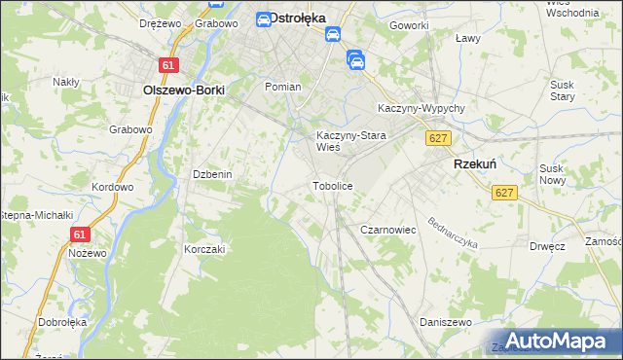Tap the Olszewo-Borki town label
pyautogui.click(x=184, y=90)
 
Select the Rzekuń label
pyautogui.click(x=476, y=165)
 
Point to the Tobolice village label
pyautogui.click(x=331, y=185)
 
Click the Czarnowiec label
pyautogui.click(x=388, y=230)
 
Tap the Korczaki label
pyautogui.click(x=204, y=249)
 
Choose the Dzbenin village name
pyautogui.click(x=211, y=174)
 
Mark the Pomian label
pyautogui.click(x=283, y=87)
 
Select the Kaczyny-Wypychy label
pyautogui.click(x=421, y=107)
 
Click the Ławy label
pyautogui.click(x=468, y=39)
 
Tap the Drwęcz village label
pyautogui.click(x=548, y=246)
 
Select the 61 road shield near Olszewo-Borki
pyautogui.click(x=170, y=65)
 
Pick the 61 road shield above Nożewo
pyautogui.click(x=80, y=234)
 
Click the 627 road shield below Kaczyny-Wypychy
pyautogui.click(x=437, y=139)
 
